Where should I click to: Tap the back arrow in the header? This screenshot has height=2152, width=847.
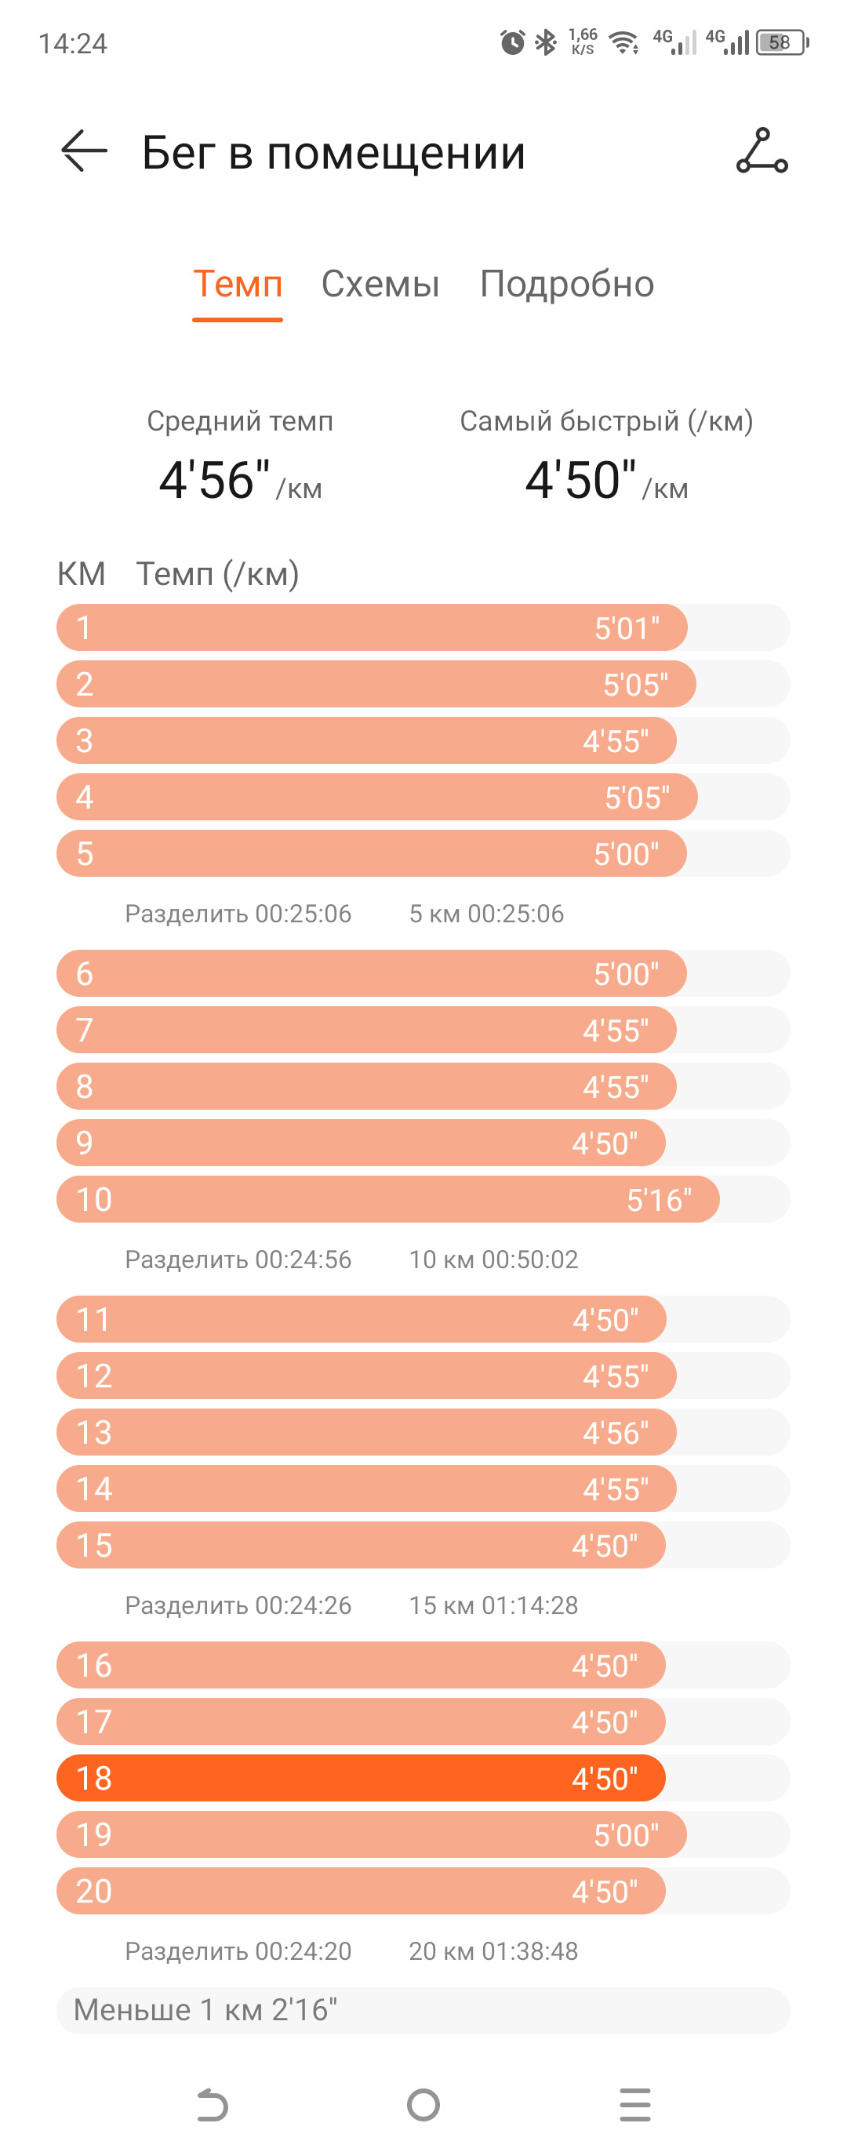[85, 151]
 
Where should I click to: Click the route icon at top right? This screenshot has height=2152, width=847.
[762, 151]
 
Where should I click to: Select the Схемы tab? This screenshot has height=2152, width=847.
[380, 285]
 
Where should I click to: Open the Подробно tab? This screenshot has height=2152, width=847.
[566, 285]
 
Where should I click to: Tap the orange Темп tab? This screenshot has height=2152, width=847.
[237, 285]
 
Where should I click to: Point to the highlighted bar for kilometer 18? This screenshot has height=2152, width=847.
[361, 1778]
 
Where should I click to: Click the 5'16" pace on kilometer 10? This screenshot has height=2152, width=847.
[659, 1200]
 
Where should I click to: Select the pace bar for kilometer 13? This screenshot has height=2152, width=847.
[367, 1432]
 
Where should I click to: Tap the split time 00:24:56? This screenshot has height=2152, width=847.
[304, 1259]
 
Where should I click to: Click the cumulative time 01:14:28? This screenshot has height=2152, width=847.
[529, 1605]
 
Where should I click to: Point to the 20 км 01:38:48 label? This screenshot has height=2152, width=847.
[493, 1950]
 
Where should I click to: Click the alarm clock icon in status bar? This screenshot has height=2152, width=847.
[512, 42]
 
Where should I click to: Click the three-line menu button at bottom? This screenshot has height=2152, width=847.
[634, 2104]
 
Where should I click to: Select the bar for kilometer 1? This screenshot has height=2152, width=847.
[372, 627]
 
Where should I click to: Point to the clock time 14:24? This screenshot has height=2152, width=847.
[73, 43]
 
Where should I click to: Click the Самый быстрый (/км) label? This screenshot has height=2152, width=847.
[606, 421]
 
